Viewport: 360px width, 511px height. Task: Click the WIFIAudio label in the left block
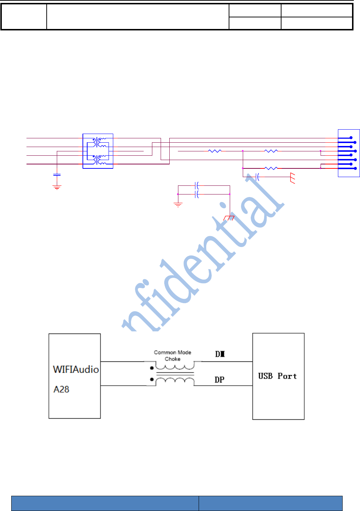(76, 369)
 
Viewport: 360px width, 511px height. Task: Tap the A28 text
(61, 389)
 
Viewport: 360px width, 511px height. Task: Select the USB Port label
(277, 376)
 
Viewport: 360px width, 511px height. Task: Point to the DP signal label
(219, 380)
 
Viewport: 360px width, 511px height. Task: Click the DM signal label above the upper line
(220, 354)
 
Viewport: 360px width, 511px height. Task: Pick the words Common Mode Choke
(173, 355)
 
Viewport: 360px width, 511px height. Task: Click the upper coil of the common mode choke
(175, 367)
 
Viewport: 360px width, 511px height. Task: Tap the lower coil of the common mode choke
(175, 381)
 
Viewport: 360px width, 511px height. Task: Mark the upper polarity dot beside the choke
(152, 368)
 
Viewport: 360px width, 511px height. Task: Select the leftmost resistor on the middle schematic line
(215, 151)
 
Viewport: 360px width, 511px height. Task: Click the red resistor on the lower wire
(271, 168)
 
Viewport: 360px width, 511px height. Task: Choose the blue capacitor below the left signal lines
(57, 175)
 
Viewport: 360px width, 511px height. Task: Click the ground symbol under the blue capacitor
(57, 187)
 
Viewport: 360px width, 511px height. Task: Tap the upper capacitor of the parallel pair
(197, 186)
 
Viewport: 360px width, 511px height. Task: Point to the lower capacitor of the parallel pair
(197, 194)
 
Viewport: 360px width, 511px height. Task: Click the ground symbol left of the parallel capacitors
(178, 205)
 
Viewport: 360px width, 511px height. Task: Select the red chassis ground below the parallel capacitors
(229, 218)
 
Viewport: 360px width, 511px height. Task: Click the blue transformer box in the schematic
(98, 151)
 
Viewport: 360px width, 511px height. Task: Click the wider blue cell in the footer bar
(105, 503)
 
